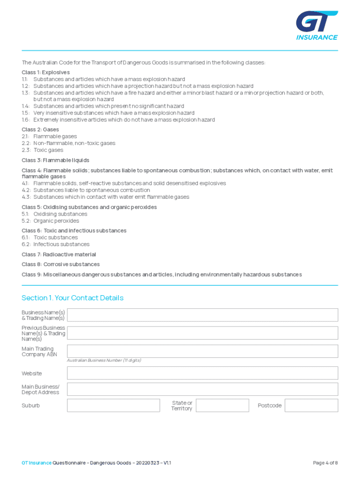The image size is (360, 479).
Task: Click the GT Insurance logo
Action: (317, 27)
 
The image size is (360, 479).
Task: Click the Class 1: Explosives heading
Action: (46, 73)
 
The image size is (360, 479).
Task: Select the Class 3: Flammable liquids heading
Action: (55, 160)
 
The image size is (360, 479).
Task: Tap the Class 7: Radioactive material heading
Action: (59, 254)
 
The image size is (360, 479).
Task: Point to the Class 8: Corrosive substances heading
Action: (60, 264)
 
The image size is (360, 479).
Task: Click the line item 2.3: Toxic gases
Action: (43, 150)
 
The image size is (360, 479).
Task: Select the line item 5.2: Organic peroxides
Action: (50, 221)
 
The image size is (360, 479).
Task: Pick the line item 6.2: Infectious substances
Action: (56, 244)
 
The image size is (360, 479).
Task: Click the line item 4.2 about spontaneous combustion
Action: (86, 190)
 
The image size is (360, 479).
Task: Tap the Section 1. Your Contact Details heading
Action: (72, 298)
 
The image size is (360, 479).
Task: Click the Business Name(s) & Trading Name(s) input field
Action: (202, 315)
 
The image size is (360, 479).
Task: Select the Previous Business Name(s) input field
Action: (202, 333)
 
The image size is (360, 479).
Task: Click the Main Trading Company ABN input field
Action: (202, 351)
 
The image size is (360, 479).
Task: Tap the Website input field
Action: (202, 373)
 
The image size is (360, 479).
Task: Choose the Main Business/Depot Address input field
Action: (202, 389)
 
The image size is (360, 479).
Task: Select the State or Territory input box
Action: (222, 406)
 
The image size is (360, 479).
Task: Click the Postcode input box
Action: (311, 406)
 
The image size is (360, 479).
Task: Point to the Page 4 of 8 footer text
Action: (325, 463)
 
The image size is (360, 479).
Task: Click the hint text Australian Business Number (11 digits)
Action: (104, 361)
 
